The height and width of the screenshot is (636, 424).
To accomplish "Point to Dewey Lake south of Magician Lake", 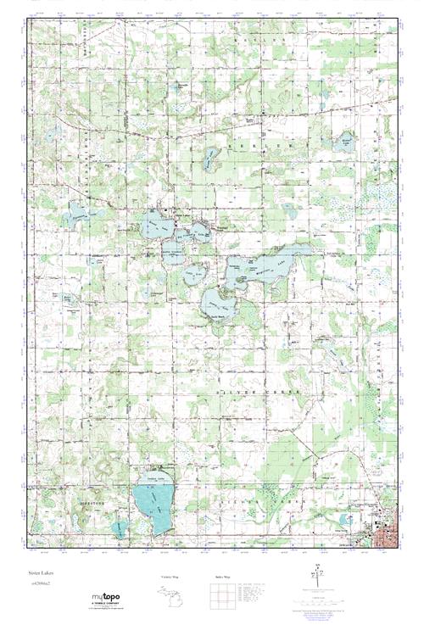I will point(219,300).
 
